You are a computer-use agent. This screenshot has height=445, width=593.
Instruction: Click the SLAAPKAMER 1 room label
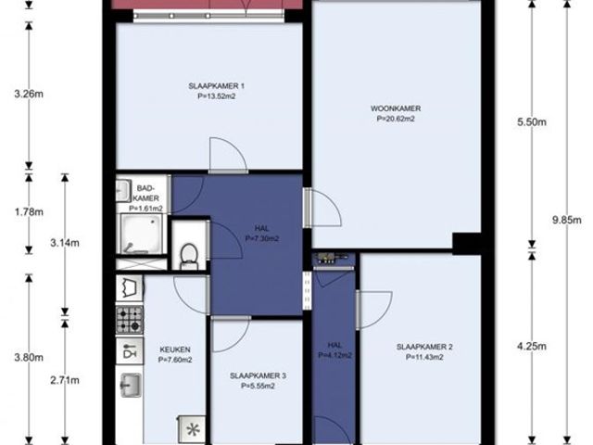point(216,86)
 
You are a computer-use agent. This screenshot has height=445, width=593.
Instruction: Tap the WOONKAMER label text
point(396,108)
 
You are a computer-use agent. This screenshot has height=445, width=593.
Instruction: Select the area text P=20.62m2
point(396,119)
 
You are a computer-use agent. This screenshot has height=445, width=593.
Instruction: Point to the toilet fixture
point(189,256)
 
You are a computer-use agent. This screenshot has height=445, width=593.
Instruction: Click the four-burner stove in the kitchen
point(130,320)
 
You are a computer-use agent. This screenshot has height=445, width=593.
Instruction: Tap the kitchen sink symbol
point(131,386)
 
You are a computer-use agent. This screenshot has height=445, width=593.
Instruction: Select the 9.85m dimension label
point(566,221)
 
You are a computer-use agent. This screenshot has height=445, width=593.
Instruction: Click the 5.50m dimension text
point(532,122)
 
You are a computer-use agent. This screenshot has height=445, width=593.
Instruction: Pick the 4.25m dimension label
point(532,346)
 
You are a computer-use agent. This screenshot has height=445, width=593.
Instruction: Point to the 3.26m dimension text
point(29,94)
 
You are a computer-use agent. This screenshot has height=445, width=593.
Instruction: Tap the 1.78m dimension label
point(29,212)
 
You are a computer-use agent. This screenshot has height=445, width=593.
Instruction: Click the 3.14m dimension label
point(65,243)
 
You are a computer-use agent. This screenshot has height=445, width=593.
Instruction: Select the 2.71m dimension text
point(65,380)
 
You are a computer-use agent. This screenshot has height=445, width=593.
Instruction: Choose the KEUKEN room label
point(175,350)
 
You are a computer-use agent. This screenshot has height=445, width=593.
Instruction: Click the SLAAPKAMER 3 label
point(258,375)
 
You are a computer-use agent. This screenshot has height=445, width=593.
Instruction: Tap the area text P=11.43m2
point(424,357)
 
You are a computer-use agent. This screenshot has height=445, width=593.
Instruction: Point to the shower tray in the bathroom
point(142,234)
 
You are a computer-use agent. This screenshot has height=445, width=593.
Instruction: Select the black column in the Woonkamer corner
point(467,243)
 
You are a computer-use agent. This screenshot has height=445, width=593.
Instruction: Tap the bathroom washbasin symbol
point(123,190)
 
